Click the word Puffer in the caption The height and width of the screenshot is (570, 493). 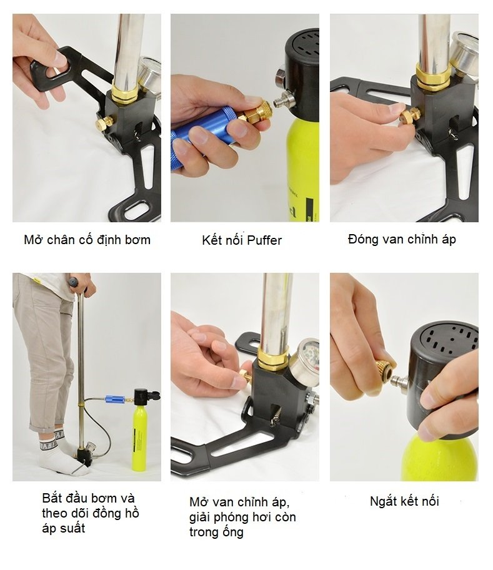point(264,240)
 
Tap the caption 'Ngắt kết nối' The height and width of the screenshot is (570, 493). point(404,501)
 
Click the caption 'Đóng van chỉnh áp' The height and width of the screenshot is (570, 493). point(402,240)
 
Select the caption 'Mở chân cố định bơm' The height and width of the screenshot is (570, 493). point(87,240)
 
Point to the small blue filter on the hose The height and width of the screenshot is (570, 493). point(114,399)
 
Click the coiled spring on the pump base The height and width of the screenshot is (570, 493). point(277,416)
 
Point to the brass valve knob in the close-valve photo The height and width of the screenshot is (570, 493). point(409,117)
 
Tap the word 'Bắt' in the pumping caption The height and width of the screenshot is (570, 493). point(54,498)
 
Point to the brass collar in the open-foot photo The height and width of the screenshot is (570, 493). point(125,94)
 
